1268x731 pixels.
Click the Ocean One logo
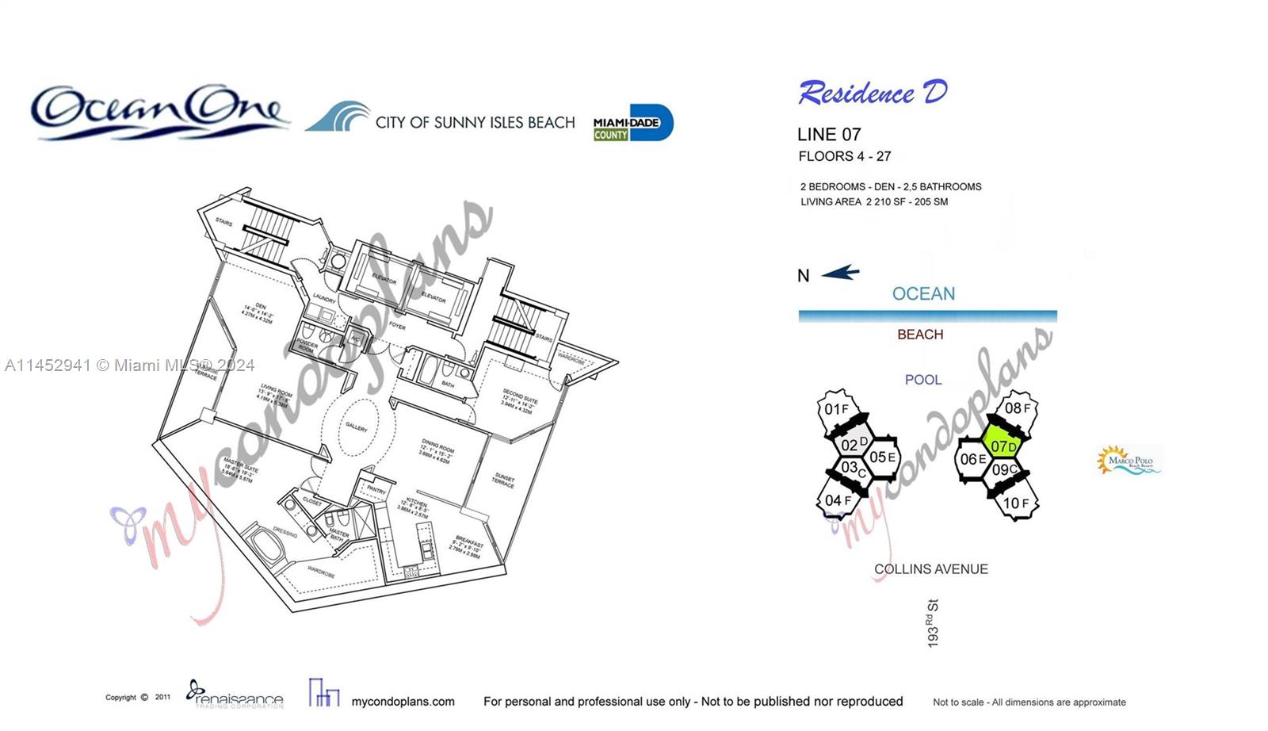(x=158, y=113)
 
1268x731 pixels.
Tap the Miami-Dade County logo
(x=633, y=123)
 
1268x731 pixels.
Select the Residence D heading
(x=873, y=93)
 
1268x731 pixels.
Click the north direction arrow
(x=840, y=274)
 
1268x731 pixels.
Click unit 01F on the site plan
(x=836, y=409)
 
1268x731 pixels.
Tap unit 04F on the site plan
(x=837, y=500)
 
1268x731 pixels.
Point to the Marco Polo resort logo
(x=1129, y=460)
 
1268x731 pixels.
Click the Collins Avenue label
(x=930, y=569)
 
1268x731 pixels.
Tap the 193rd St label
(x=932, y=623)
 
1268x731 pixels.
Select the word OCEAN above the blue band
(x=923, y=294)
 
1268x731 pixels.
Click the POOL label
(x=923, y=380)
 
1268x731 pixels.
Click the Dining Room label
(x=437, y=451)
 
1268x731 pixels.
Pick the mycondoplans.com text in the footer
(x=403, y=702)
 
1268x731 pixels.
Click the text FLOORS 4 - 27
(x=845, y=156)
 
